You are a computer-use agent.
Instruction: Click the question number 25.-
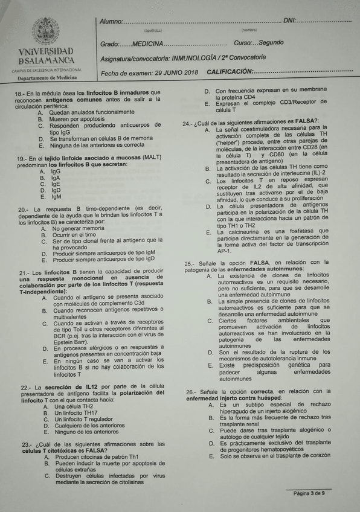(x=189, y=263)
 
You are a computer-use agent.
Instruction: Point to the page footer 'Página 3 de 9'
(x=309, y=493)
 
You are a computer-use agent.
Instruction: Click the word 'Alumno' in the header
(x=111, y=22)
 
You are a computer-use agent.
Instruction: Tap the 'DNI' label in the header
(x=289, y=22)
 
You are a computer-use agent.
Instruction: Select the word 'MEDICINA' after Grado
(x=147, y=44)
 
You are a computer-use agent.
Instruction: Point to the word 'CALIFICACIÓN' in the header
(x=230, y=72)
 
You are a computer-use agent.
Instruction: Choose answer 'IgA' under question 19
(x=55, y=178)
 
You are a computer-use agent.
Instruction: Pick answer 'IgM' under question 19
(x=56, y=196)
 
